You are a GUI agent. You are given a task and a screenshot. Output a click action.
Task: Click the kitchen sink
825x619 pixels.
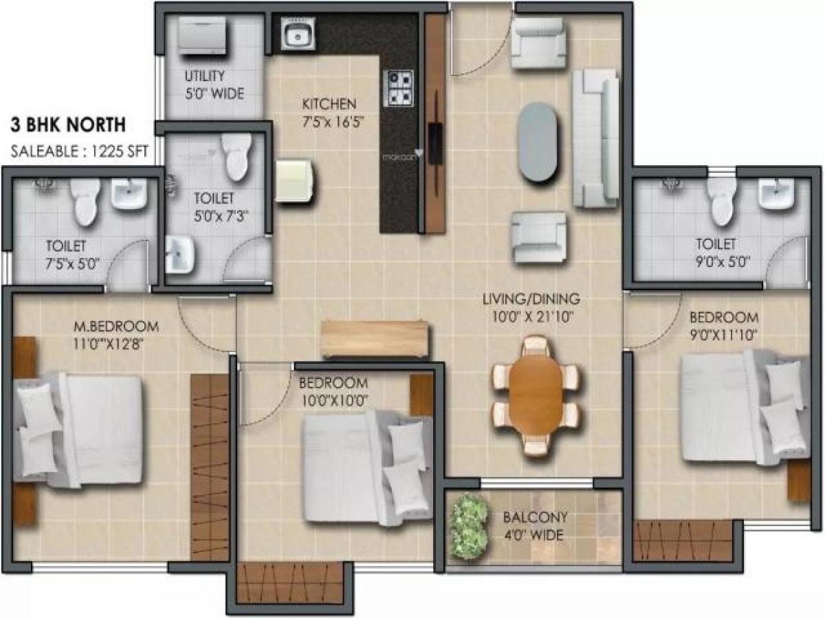[x=298, y=34]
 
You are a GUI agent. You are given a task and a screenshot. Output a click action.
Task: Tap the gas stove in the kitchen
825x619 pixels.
[x=399, y=88]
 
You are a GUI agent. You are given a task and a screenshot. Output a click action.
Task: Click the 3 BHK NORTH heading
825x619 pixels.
[x=67, y=124]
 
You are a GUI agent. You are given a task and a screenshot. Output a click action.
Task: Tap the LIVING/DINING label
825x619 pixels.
[x=531, y=299]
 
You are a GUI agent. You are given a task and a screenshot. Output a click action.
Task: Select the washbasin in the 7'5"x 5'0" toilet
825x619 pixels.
[x=129, y=194]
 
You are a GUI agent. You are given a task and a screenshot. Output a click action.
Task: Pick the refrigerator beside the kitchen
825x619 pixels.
[x=296, y=181]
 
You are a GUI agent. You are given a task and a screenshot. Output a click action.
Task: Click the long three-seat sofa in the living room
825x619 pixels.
[x=595, y=138]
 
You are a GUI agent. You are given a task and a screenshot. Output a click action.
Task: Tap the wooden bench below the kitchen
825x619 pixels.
[x=375, y=338]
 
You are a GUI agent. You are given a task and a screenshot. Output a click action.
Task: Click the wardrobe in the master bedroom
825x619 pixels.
[x=210, y=466]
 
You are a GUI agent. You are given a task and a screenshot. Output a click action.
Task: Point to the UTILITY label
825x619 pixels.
[x=204, y=76]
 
